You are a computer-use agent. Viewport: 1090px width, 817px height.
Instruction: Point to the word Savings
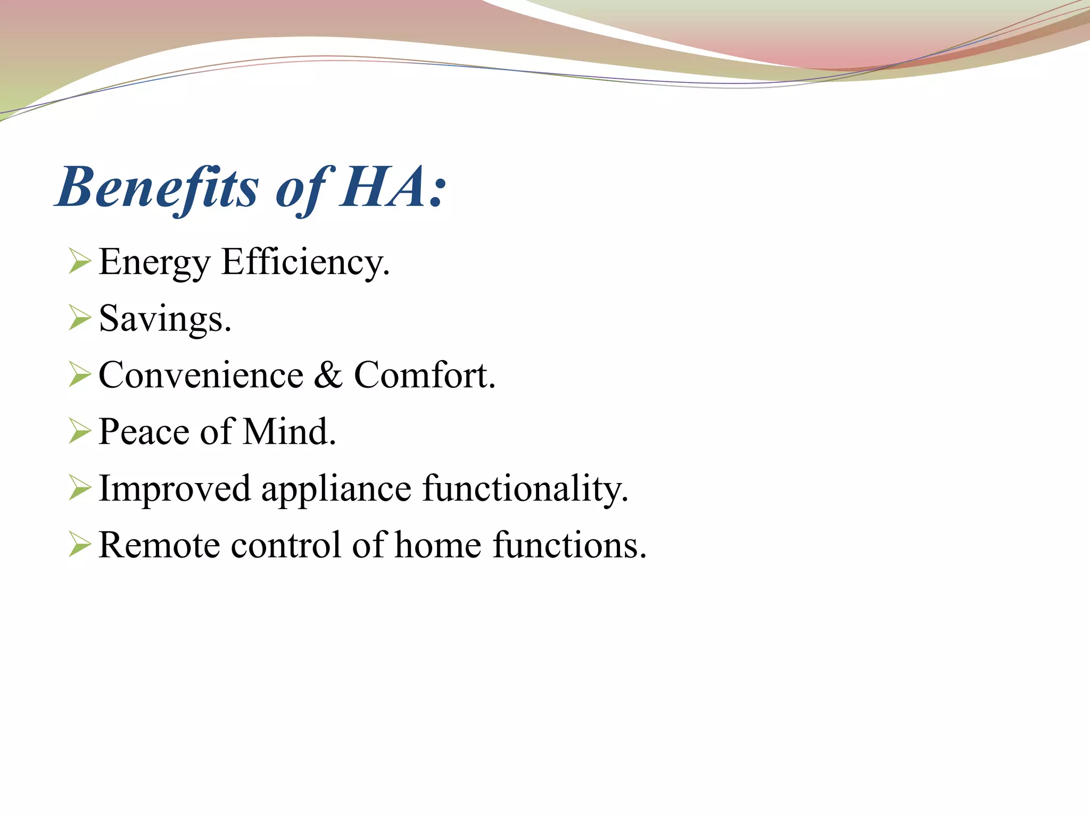(x=164, y=319)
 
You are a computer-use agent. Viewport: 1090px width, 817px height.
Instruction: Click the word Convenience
(x=201, y=376)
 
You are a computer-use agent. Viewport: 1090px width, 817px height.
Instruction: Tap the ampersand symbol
(x=328, y=376)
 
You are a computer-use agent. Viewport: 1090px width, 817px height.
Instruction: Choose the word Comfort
(x=424, y=376)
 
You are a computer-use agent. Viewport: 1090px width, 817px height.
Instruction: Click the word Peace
(x=144, y=432)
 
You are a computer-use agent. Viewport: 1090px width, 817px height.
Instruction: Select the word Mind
(x=289, y=432)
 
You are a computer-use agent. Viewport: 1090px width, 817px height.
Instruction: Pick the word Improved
(x=175, y=488)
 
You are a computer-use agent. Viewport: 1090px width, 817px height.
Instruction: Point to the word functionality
(x=525, y=488)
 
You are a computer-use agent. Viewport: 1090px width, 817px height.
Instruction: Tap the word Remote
(x=159, y=545)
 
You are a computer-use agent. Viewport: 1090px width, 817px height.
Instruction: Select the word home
(x=438, y=545)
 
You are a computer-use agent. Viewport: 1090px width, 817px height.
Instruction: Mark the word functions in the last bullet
(x=569, y=545)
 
